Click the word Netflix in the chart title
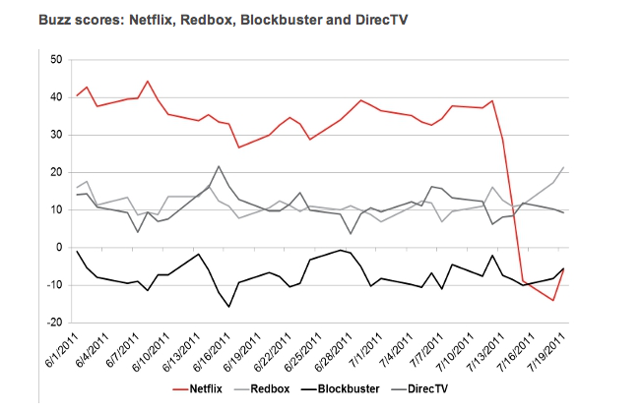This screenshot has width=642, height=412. [140, 19]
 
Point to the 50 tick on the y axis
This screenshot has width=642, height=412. [55, 60]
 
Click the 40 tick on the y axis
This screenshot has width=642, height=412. [55, 97]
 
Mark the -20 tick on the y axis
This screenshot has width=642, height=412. [53, 323]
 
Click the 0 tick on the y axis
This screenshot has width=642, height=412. [58, 248]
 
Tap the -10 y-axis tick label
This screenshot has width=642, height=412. [53, 285]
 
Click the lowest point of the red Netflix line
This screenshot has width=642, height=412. [554, 300]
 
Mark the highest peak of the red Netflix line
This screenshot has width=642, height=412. [148, 81]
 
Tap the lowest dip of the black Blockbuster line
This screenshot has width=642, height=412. [229, 307]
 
